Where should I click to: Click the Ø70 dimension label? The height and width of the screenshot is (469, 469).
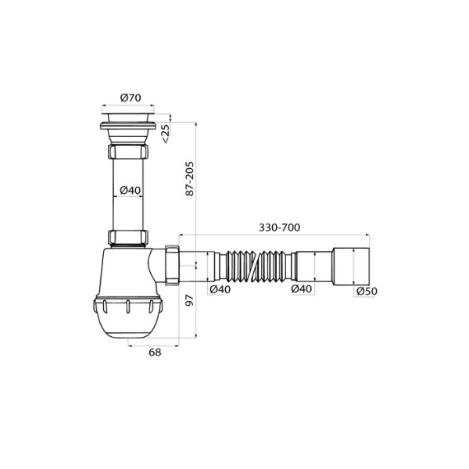pos(130,98)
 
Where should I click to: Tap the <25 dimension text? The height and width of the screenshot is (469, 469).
pos(166,133)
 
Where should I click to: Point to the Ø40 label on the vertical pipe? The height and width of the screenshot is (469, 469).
pos(130,190)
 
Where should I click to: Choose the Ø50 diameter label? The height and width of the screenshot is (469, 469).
pos(367,291)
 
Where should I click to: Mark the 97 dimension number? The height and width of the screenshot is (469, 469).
pos(189,302)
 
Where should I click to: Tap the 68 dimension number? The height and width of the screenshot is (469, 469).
pos(154,353)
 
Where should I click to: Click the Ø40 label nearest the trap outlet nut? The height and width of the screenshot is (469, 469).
pos(220,289)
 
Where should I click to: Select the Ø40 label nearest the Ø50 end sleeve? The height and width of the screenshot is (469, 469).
pos(303,289)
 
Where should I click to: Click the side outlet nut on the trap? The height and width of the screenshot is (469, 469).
pos(172,267)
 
